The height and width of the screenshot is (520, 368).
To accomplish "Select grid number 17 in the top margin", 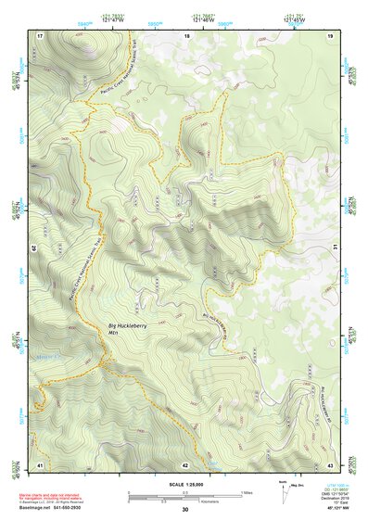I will (x=40, y=35).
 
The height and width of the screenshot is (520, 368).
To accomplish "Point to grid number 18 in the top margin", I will (x=187, y=35).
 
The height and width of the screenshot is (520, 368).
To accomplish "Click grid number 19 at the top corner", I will (x=330, y=35).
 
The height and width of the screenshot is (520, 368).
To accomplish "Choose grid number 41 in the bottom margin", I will (x=40, y=463).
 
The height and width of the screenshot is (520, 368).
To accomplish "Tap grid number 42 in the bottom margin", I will (x=185, y=463).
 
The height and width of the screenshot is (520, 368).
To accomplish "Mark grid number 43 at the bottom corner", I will (x=330, y=463).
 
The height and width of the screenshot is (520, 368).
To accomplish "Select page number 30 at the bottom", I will (x=184, y=510).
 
